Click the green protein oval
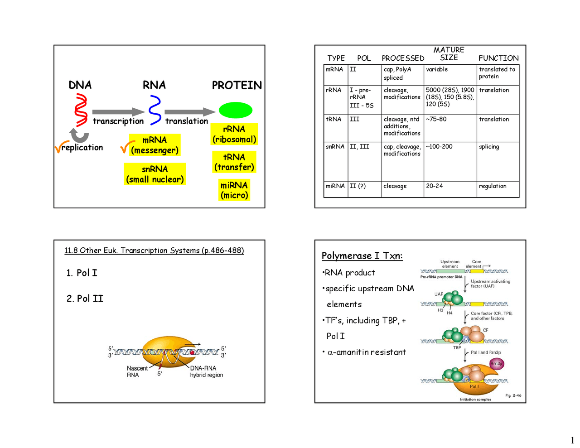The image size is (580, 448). pos(235,110)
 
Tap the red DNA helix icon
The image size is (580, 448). pos(82,110)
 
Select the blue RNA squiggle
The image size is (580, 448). pos(155,110)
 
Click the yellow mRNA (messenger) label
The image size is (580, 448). pos(155,145)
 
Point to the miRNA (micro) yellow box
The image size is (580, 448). pos(234,190)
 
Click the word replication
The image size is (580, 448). pos(82,148)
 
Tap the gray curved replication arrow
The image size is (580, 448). pos(80,135)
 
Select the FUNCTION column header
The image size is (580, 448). pos(498,58)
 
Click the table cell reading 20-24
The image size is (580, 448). pos(435,186)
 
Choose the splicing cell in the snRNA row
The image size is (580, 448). pos(489,147)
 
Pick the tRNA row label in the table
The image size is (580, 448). pos(333,119)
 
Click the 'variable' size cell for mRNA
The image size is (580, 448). pos(437,69)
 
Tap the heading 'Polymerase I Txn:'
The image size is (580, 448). pos(362,256)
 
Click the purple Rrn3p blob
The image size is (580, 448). pos(496,364)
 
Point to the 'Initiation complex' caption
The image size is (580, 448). pos(475,400)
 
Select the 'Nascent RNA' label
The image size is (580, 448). pos(136,371)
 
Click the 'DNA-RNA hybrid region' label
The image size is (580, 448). pos(206,371)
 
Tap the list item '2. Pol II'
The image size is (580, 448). pos(85,299)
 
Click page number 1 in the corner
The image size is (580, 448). pos(572,440)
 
